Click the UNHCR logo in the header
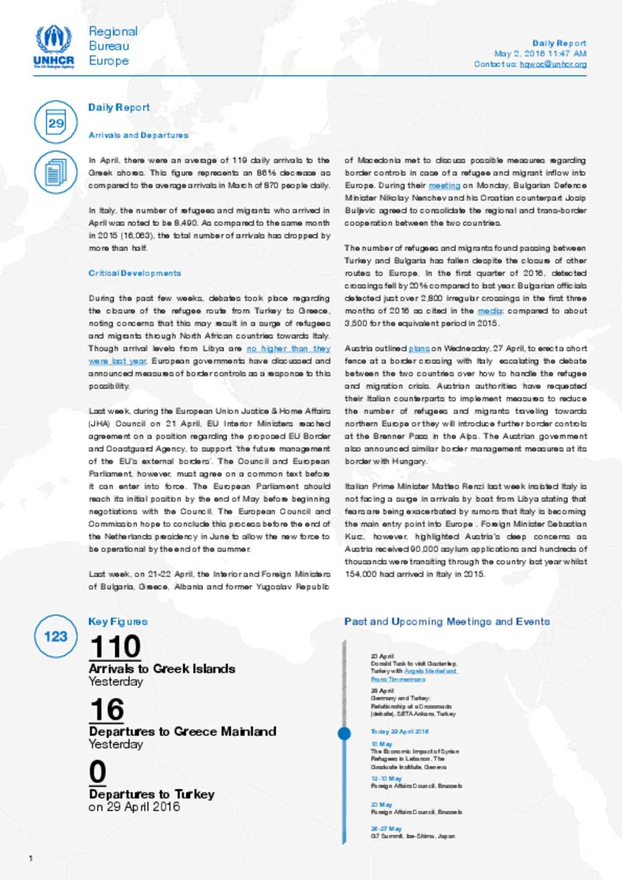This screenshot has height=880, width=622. (54, 46)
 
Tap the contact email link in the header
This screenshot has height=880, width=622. (553, 64)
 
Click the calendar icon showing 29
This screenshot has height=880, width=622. (56, 122)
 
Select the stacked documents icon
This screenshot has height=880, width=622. (56, 172)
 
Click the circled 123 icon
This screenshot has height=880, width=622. (56, 636)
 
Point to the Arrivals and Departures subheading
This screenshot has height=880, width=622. (138, 135)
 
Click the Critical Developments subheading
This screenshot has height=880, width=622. (135, 273)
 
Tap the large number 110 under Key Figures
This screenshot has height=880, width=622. (115, 646)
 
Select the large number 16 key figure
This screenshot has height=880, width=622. (107, 709)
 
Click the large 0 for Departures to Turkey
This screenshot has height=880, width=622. (98, 772)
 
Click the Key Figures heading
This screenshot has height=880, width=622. (118, 621)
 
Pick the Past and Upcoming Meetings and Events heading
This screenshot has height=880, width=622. (446, 621)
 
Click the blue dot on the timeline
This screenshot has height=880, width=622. (344, 733)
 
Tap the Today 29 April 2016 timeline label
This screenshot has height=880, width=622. (400, 732)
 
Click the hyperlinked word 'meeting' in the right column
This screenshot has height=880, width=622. (445, 186)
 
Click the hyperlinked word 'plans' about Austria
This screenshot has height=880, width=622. (419, 349)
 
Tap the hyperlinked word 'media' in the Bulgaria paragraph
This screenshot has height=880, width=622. (490, 311)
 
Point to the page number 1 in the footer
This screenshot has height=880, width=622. (31, 858)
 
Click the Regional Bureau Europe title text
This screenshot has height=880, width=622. (113, 46)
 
